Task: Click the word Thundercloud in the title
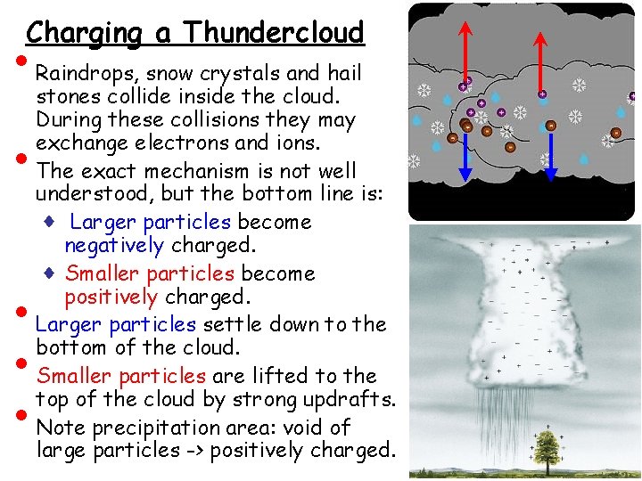click(x=274, y=33)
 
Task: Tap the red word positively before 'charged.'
click(x=111, y=297)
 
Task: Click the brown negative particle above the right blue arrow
click(x=550, y=126)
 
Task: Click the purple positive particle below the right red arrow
click(x=542, y=93)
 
